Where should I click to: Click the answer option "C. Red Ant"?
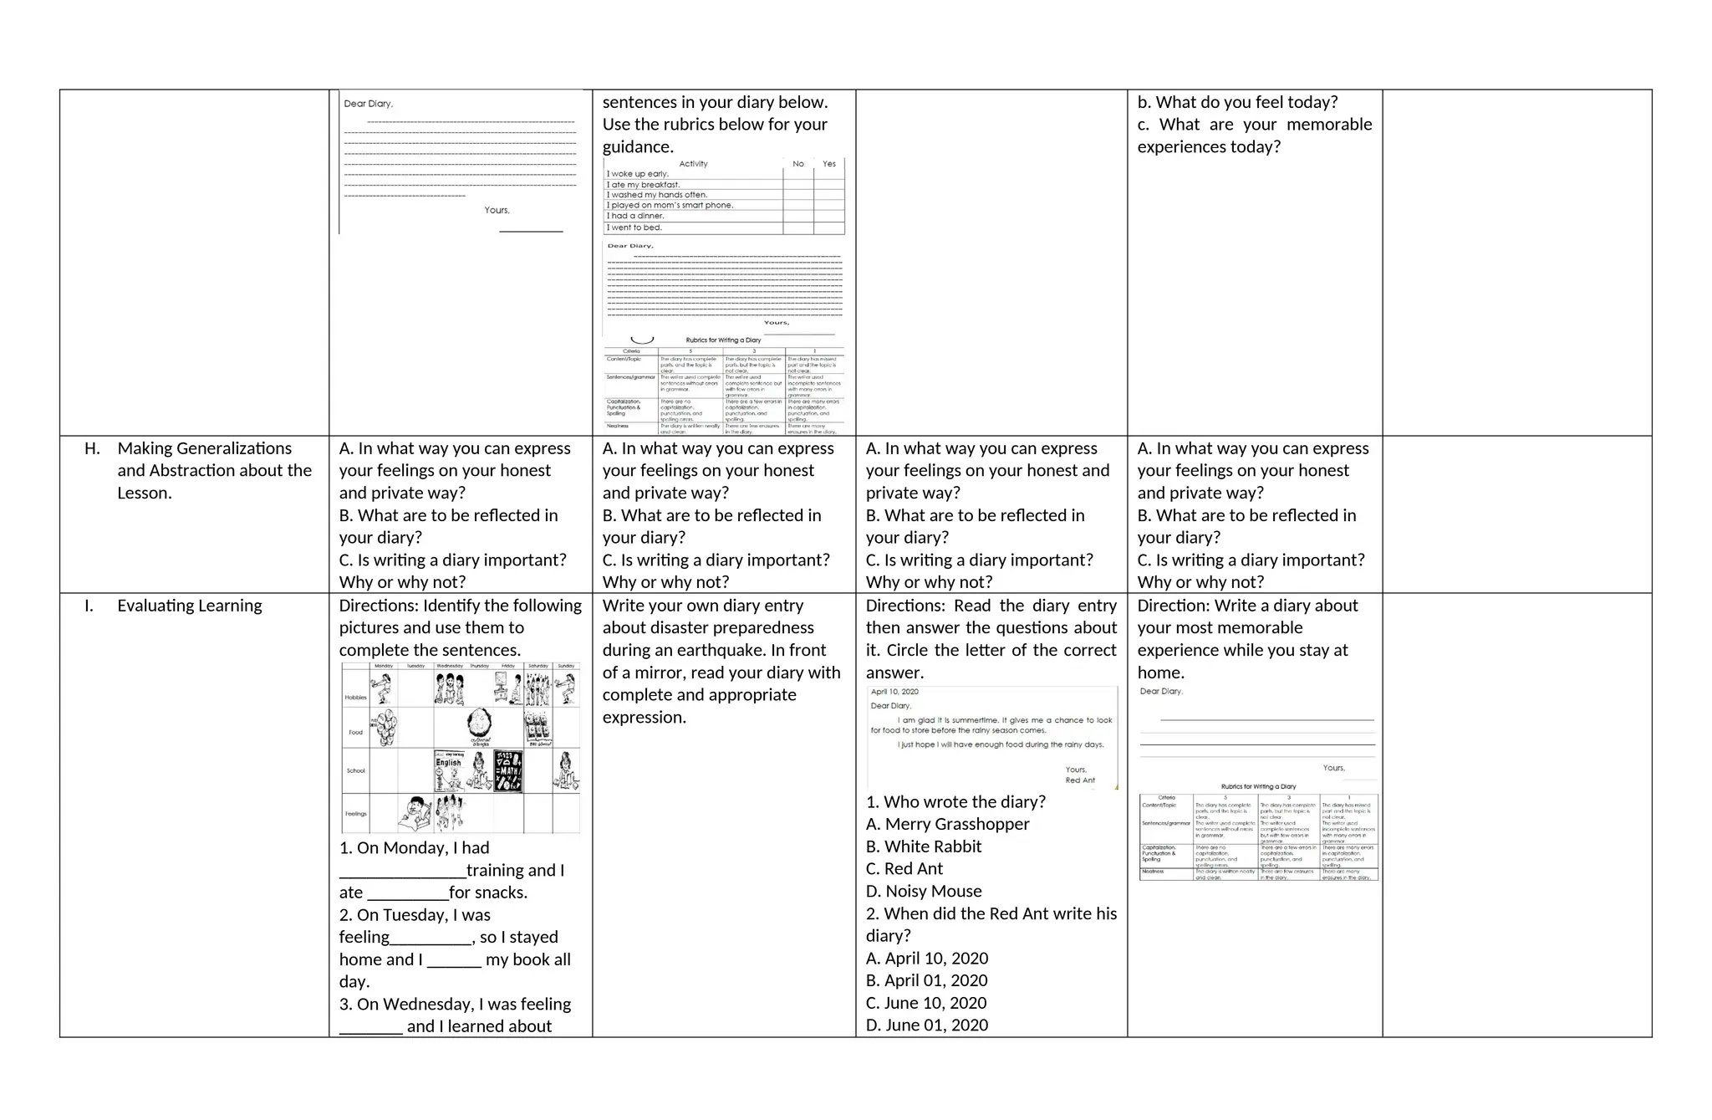[904, 869]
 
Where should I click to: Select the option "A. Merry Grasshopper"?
[947, 825]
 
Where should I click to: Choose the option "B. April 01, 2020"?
[926, 980]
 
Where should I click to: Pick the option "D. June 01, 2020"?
[926, 1025]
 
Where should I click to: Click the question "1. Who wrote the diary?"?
[955, 802]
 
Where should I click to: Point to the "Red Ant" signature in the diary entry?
[1079, 780]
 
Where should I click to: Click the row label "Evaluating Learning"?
[189, 606]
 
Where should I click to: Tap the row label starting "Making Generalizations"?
[205, 449]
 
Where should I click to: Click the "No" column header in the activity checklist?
[798, 164]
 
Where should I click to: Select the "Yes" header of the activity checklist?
[828, 164]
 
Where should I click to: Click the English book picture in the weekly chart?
[449, 770]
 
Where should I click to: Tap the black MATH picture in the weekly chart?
[508, 770]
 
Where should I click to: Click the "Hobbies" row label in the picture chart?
[355, 697]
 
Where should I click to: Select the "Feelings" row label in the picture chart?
[355, 814]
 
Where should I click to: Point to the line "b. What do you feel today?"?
[1236, 103]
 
